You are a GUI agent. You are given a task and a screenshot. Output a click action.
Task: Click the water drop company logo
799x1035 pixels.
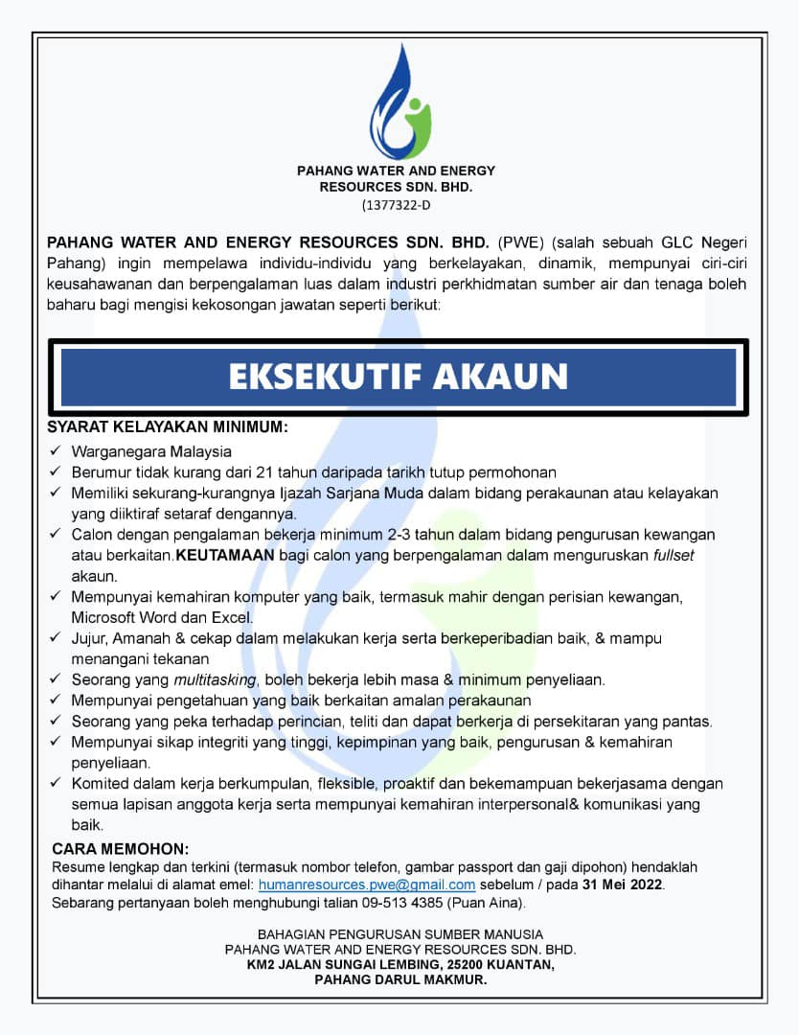[399, 103]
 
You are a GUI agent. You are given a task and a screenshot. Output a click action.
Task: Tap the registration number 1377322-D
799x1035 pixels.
[398, 205]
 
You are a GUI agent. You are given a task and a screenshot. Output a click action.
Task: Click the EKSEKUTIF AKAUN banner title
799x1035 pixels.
[399, 377]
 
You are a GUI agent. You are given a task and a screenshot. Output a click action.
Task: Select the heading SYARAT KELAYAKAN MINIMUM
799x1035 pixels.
[168, 426]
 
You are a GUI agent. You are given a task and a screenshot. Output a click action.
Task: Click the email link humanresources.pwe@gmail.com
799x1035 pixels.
[367, 885]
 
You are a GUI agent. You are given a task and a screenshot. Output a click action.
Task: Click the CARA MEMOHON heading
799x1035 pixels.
[121, 849]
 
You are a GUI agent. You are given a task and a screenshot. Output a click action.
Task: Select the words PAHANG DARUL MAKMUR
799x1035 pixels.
[400, 980]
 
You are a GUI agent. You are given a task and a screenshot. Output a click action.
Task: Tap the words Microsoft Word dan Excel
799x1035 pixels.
[161, 617]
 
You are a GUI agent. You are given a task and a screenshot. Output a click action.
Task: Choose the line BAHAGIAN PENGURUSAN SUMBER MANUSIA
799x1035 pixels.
[400, 933]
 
